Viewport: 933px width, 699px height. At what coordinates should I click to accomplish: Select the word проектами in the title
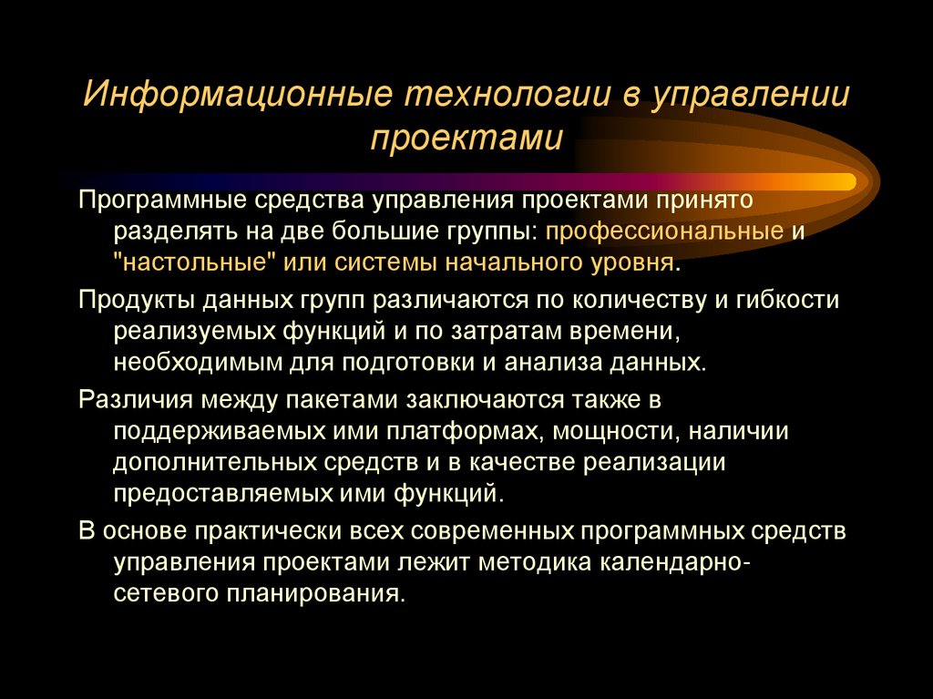[x=466, y=139]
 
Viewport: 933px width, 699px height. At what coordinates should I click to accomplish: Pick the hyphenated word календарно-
[x=675, y=561]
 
